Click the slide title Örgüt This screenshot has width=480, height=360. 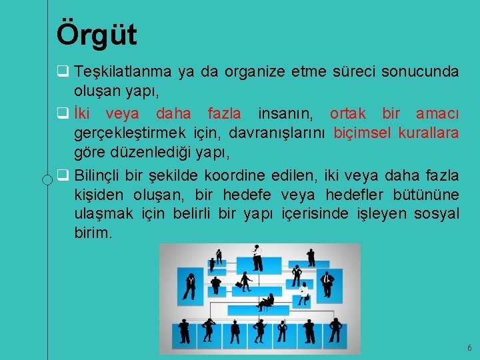[97, 34]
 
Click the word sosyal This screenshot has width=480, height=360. [436, 214]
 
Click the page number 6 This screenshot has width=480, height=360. [469, 348]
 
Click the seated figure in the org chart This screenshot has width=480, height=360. [267, 302]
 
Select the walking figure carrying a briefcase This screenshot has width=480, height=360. [245, 281]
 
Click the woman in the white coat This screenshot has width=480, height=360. [303, 292]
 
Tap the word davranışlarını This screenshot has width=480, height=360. [277, 133]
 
